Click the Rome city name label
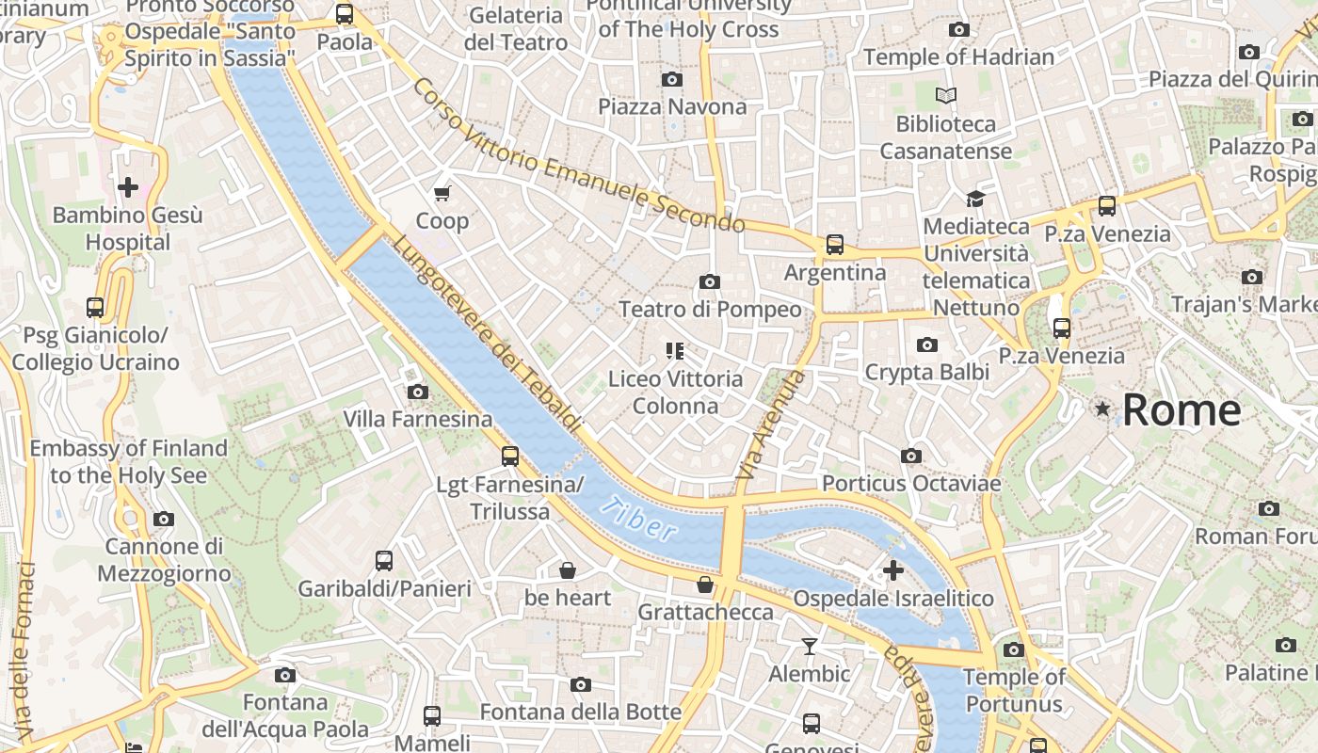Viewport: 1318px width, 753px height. [x=1181, y=410]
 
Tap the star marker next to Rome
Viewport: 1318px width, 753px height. [x=1102, y=409]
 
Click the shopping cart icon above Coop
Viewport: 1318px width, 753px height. [x=442, y=193]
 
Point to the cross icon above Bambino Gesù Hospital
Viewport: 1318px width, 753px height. [x=128, y=186]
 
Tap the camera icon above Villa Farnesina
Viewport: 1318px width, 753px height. [x=417, y=392]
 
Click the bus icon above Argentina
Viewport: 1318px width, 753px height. [x=834, y=245]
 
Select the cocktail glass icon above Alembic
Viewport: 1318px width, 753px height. [x=809, y=646]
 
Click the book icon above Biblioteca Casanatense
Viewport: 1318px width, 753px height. [x=946, y=95]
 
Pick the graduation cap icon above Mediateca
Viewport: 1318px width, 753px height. [x=975, y=199]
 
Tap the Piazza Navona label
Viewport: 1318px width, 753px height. [x=672, y=106]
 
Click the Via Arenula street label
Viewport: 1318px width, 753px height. [x=771, y=429]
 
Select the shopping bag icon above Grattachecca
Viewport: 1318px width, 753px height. [x=704, y=585]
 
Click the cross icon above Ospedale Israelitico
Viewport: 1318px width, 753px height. [x=892, y=569]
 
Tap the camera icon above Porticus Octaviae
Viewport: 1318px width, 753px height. [x=910, y=456]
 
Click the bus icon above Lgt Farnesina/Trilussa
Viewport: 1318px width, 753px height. [x=509, y=457]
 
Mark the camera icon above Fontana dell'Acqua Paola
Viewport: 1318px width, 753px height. [x=284, y=675]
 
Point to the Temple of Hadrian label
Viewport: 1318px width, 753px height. [x=958, y=57]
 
